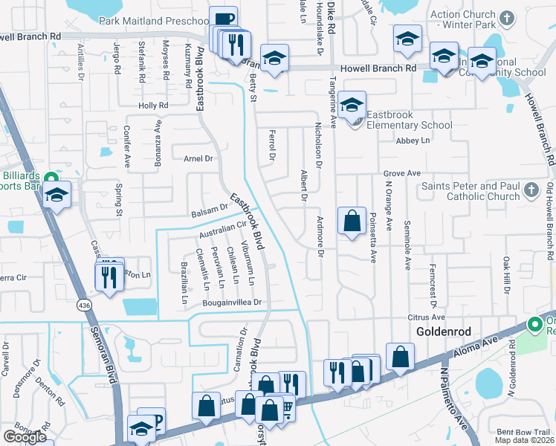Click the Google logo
(25, 436)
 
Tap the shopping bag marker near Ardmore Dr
(352, 221)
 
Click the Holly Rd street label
(153, 106)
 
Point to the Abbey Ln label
(413, 140)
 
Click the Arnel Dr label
(198, 158)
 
